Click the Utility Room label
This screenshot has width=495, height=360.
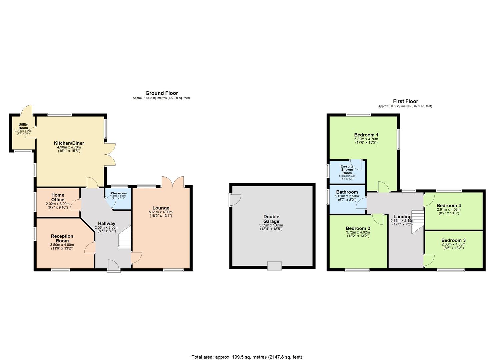(23, 126)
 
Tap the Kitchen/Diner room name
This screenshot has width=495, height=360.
(69, 143)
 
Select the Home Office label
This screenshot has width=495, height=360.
(58, 197)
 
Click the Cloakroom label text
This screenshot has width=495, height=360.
(119, 193)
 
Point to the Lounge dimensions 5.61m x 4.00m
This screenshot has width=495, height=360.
(161, 212)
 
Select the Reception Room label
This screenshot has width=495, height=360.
(62, 238)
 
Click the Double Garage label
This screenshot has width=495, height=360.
(271, 219)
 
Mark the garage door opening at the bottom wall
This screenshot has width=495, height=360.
(274, 266)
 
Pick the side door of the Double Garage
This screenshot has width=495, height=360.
(235, 200)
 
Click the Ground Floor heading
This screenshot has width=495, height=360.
(162, 93)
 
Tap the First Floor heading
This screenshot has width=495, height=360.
(405, 101)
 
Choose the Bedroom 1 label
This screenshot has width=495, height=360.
(366, 135)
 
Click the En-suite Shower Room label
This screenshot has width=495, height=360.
(347, 169)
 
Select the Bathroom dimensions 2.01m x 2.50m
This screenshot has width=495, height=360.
(347, 196)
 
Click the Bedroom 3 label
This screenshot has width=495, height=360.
(453, 240)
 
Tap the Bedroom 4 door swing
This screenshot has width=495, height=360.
(428, 199)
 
